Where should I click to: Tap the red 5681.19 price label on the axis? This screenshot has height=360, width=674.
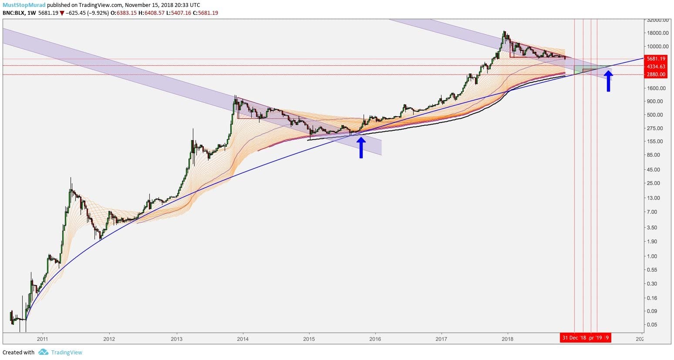click(657, 59)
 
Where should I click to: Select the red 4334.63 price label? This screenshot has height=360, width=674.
click(657, 67)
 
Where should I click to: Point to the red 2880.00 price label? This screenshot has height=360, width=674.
click(657, 74)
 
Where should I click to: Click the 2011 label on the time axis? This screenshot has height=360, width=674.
click(42, 338)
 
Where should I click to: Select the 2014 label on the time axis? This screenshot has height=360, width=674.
click(243, 338)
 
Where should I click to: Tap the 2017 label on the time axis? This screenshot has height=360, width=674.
click(441, 338)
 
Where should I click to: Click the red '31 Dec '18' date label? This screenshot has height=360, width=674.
click(574, 338)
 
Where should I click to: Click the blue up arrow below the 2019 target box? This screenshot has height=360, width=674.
click(608, 81)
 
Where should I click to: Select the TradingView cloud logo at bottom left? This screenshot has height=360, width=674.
click(43, 352)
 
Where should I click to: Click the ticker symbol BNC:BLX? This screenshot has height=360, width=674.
click(13, 13)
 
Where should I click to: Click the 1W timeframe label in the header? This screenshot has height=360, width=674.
click(31, 13)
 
